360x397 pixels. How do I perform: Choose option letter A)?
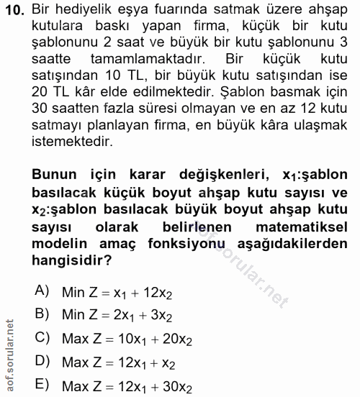(x=42, y=291)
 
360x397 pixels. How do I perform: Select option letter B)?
(x=42, y=314)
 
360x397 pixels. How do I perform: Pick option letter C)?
(x=42, y=337)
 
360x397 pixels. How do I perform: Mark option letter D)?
(x=42, y=362)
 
